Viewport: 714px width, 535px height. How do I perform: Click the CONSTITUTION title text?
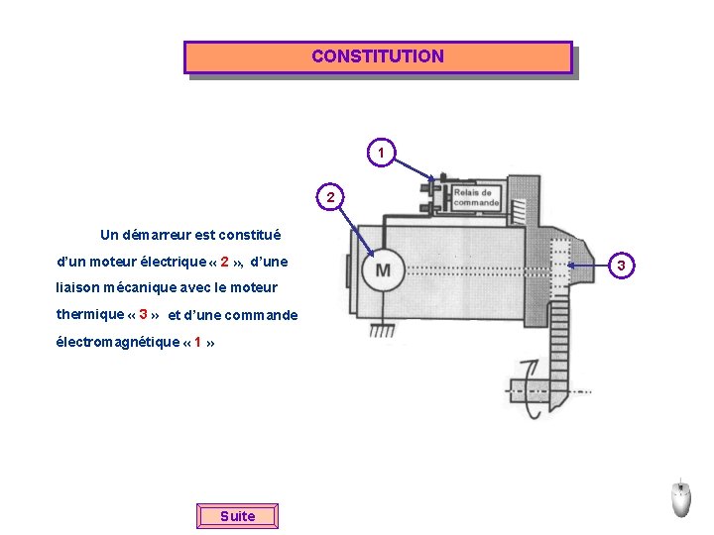click(378, 56)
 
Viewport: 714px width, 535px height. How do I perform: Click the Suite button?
click(237, 516)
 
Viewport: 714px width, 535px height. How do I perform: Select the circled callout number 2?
click(333, 197)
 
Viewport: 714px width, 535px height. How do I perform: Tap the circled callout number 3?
click(621, 265)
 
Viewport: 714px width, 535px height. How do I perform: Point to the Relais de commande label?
click(476, 197)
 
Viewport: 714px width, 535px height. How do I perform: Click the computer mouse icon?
click(680, 497)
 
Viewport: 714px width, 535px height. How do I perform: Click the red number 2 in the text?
click(225, 263)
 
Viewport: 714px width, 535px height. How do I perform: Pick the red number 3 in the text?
click(144, 315)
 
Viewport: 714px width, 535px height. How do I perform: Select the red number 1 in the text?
click(198, 343)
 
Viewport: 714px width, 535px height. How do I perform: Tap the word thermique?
click(90, 315)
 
